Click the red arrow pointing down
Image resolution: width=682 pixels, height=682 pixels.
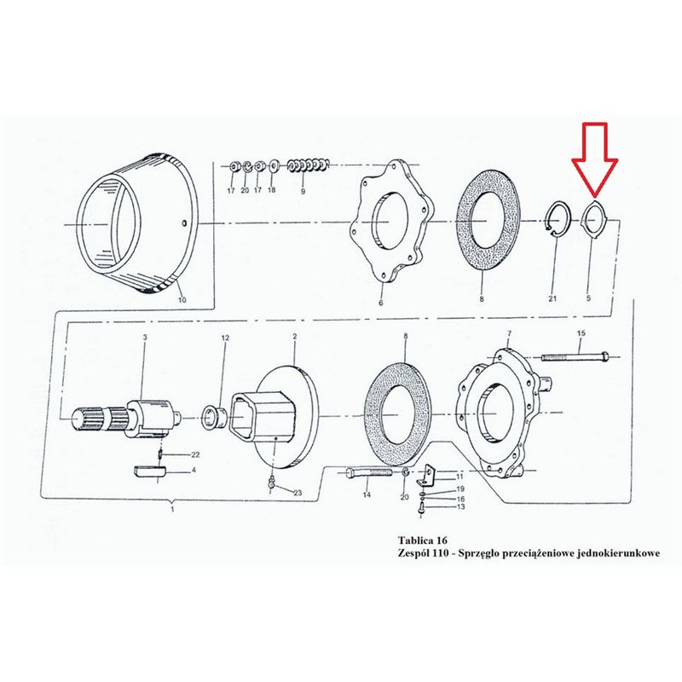(x=595, y=159)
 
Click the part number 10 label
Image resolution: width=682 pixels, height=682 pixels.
(x=182, y=300)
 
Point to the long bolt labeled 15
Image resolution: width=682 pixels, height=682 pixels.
(x=575, y=356)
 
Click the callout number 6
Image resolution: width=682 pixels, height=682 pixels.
(x=380, y=303)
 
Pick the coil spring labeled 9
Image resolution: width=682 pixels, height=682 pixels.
(x=309, y=165)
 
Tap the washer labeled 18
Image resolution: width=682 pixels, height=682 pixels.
(x=274, y=166)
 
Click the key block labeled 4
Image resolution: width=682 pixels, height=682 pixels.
(x=149, y=471)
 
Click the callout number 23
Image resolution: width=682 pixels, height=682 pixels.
(x=297, y=493)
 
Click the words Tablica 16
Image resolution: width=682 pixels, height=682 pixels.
(x=422, y=540)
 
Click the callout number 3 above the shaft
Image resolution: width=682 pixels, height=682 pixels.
(x=145, y=337)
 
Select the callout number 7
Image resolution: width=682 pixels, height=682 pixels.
(x=509, y=333)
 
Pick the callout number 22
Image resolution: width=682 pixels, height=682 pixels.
(x=195, y=454)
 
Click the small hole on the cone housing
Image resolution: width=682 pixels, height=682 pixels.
(x=184, y=223)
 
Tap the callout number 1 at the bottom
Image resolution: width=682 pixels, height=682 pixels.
(x=172, y=509)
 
